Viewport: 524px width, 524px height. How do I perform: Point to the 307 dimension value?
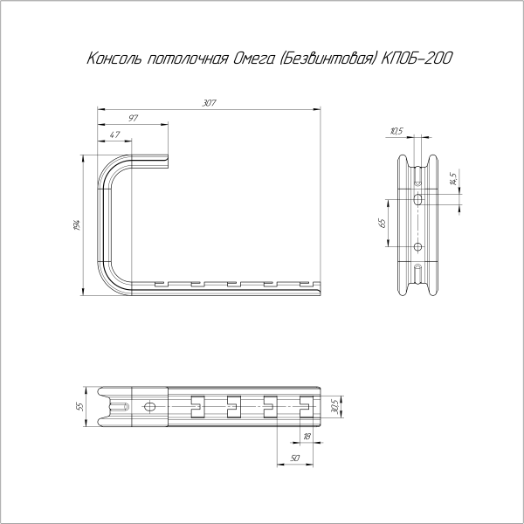tap(209, 104)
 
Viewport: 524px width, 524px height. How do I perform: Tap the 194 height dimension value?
tap(79, 225)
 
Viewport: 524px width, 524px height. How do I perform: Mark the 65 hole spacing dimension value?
tap(382, 224)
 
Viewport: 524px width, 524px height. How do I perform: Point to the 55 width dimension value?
tap(78, 406)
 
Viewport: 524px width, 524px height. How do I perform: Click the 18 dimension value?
tap(307, 436)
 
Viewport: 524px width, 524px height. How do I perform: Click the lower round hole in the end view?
tap(417, 247)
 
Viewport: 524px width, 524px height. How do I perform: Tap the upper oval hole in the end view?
tap(417, 200)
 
